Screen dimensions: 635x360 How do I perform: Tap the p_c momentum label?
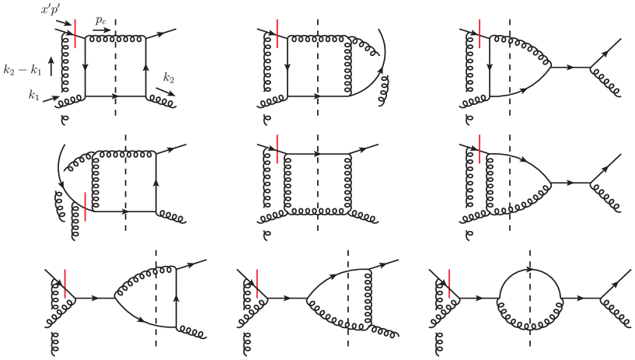[100, 20]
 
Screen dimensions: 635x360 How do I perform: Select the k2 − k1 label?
[23, 69]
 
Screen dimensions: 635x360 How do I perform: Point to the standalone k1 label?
[34, 95]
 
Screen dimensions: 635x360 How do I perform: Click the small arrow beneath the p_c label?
[102, 30]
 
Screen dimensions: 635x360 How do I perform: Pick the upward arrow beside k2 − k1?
[51, 66]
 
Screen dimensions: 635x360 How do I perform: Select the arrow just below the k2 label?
[166, 92]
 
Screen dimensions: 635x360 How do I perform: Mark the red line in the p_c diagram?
[75, 33]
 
